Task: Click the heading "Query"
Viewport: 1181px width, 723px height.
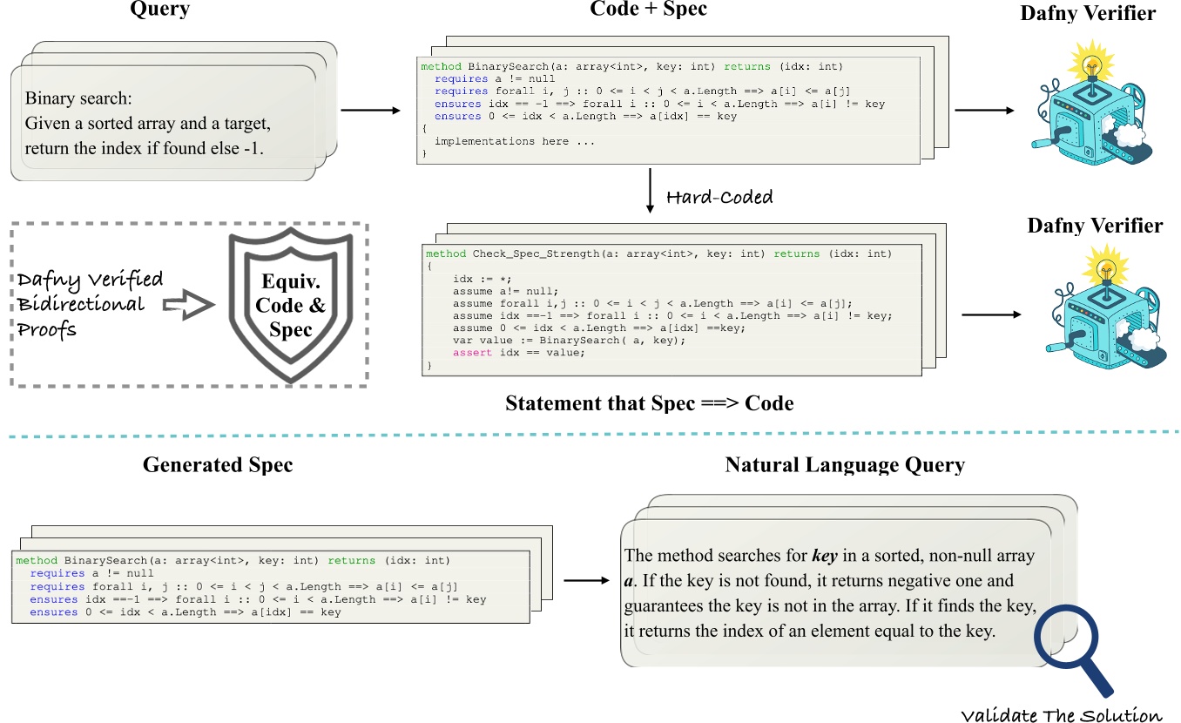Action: pyautogui.click(x=159, y=10)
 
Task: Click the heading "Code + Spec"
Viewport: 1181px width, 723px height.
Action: pyautogui.click(x=648, y=10)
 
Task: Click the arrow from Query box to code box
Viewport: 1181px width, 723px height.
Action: pyautogui.click(x=369, y=111)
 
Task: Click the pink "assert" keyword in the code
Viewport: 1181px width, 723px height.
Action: pyautogui.click(x=470, y=352)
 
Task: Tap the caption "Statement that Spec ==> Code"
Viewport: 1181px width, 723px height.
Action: pyautogui.click(x=648, y=403)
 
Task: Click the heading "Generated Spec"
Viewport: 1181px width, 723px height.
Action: pyautogui.click(x=218, y=465)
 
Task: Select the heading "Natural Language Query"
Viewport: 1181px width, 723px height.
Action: pyautogui.click(x=845, y=465)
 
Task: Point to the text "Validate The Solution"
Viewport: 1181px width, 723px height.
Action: pyautogui.click(x=1062, y=714)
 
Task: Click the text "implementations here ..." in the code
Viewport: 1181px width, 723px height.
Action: pyautogui.click(x=502, y=141)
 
